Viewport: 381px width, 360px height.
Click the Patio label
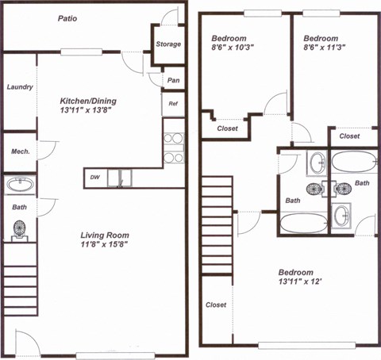[x=67, y=19]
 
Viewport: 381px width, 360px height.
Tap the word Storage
[x=167, y=44]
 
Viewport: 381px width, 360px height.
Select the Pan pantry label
[x=173, y=80]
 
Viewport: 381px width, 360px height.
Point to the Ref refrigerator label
[x=172, y=104]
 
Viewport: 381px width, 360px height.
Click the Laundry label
[x=19, y=87]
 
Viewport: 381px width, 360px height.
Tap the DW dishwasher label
[x=94, y=178]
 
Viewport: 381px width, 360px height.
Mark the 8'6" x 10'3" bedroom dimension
[x=235, y=49]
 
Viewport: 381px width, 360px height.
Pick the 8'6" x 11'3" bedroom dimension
[x=321, y=49]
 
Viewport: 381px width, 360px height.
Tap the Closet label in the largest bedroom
[x=216, y=305]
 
